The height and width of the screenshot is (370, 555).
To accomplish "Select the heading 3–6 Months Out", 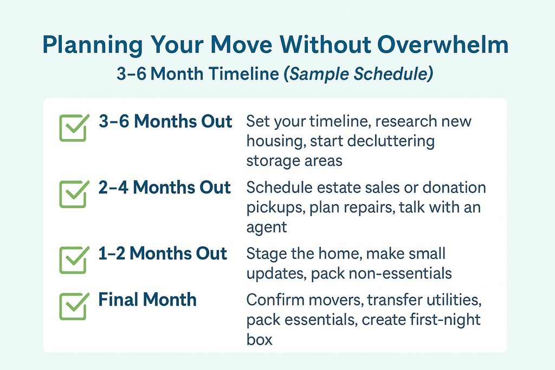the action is click(x=165, y=121).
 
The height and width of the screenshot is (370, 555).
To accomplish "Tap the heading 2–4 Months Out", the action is click(x=165, y=187).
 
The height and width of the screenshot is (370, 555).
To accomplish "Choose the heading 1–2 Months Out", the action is click(x=163, y=254).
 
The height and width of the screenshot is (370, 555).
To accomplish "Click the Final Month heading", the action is click(x=147, y=300).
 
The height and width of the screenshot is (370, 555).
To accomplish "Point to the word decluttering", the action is click(x=391, y=141).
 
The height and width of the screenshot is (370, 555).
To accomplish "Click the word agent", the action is click(x=267, y=228).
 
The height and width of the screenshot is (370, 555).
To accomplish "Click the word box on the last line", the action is click(x=260, y=340).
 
